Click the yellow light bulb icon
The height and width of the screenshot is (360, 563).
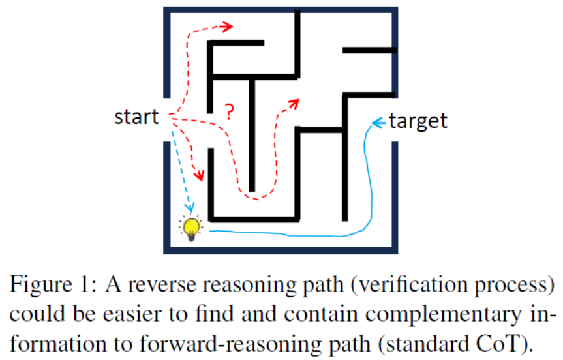[x=191, y=228]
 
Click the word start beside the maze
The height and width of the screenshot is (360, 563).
[x=136, y=117]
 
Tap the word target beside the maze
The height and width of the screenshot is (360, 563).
[x=418, y=121]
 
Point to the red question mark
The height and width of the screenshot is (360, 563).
[x=229, y=111]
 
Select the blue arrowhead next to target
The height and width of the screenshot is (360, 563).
[x=376, y=122]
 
